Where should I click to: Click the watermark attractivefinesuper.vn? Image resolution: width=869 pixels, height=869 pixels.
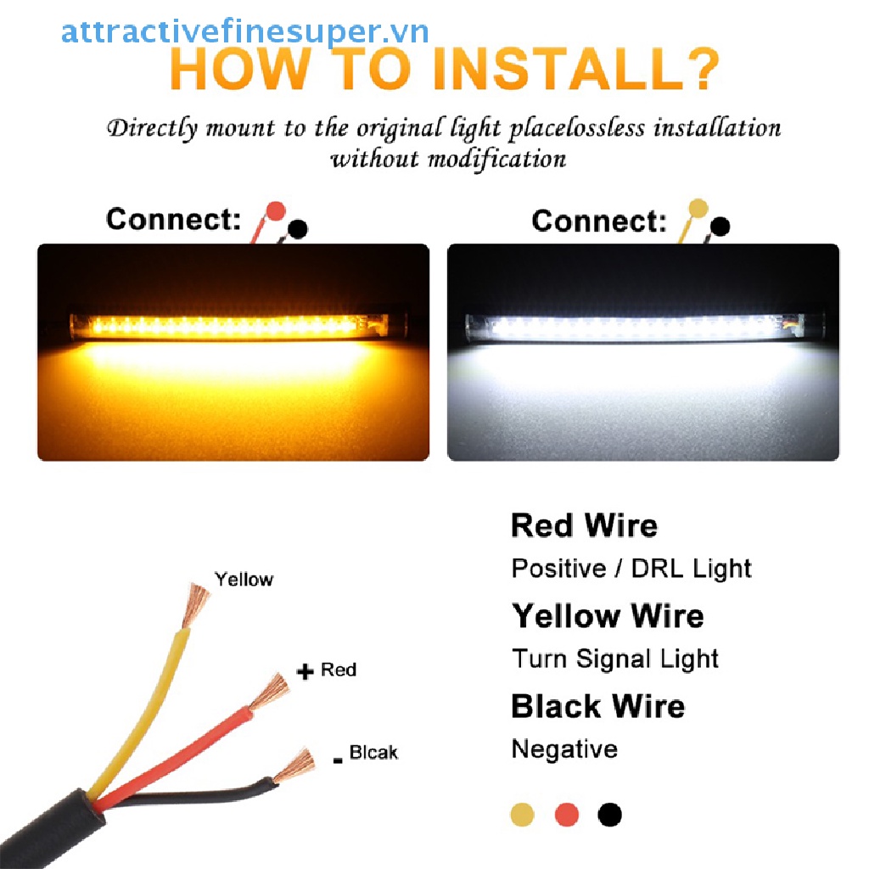[244, 32]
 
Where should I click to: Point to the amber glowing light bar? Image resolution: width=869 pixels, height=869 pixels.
[232, 326]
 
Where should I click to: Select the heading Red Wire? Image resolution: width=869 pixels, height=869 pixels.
[584, 526]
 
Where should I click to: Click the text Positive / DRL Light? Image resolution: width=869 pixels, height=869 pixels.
[631, 569]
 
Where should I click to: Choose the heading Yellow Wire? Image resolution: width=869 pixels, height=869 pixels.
[608, 616]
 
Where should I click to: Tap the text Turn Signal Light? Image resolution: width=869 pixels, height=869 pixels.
[615, 659]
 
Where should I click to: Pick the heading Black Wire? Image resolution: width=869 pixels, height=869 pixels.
[597, 706]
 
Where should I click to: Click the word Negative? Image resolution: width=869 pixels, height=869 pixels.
[564, 749]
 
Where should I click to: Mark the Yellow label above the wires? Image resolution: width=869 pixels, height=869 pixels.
[244, 580]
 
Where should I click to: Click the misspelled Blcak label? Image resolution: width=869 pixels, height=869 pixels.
[373, 753]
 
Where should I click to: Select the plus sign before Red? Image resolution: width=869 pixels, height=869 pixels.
[305, 672]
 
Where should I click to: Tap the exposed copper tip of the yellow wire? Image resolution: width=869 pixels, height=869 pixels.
[198, 600]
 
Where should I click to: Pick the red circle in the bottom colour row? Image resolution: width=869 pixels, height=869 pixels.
[567, 816]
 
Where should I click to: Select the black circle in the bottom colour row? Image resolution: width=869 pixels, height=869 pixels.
[609, 816]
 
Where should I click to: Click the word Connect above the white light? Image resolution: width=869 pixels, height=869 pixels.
[599, 221]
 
